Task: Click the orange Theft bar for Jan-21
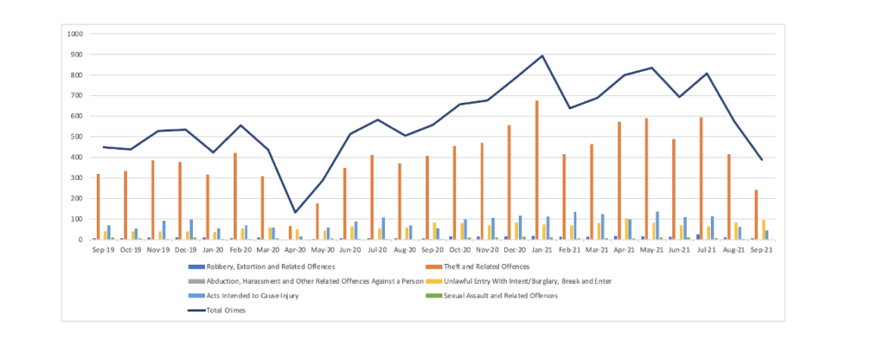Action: [537, 171]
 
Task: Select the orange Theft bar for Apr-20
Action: [290, 233]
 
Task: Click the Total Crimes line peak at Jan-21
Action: [542, 56]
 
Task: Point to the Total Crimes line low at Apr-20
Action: [295, 213]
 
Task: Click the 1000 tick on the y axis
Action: [75, 34]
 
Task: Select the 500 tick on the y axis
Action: [77, 137]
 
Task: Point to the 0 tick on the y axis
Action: [81, 240]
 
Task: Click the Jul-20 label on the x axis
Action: [377, 249]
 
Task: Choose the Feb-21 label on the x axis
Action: [569, 249]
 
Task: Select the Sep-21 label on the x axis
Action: [761, 249]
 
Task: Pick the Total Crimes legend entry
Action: [226, 310]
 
